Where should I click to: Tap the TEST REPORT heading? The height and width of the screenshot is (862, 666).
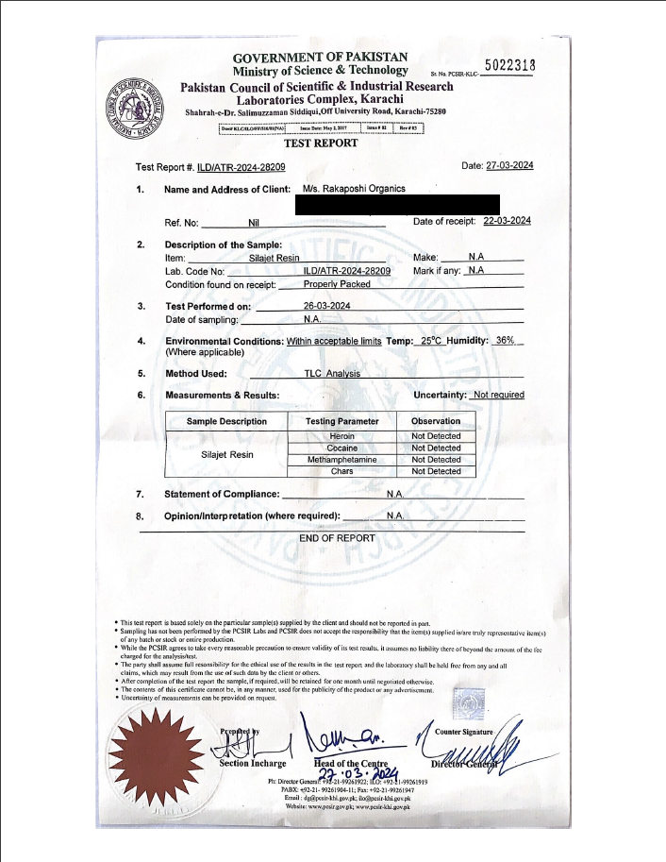321,144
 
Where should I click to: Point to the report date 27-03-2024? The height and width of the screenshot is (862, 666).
509,166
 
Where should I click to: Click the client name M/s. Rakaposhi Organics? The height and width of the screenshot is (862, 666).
354,189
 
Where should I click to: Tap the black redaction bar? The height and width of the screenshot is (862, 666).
397,204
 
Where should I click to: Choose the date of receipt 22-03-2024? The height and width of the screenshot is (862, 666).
507,221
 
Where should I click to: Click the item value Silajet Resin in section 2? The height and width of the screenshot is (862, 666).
274,258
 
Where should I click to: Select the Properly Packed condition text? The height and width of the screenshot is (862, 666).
337,283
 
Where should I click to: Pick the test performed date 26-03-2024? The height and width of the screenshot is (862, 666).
327,306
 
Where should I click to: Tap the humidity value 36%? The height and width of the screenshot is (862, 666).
505,340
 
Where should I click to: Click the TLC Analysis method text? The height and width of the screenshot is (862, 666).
332,374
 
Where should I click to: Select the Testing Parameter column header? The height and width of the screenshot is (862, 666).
342,421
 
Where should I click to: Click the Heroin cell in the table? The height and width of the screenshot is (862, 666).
342,436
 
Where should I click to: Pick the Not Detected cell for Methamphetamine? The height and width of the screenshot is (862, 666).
436,459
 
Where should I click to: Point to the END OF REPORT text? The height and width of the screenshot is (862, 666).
337,538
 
